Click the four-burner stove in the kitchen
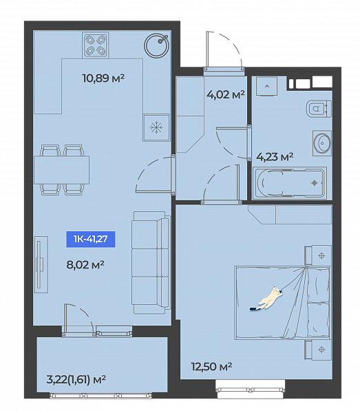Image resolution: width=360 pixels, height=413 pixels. (95, 45)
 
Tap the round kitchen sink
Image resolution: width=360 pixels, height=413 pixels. (157, 45)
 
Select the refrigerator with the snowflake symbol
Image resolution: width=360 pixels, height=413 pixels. (156, 128)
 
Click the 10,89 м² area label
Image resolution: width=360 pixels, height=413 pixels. (103, 78)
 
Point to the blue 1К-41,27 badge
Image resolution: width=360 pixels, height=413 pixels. (91, 239)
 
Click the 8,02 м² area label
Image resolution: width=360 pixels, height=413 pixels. (85, 265)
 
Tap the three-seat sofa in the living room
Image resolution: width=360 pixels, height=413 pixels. (151, 262)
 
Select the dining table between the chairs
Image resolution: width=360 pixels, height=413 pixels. (62, 170)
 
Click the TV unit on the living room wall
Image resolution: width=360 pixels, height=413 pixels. (41, 264)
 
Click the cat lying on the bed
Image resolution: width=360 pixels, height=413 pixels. (267, 299)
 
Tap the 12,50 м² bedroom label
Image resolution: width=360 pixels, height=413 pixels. (211, 367)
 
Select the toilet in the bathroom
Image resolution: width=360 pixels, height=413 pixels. (319, 109)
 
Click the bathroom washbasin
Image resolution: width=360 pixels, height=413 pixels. (322, 143)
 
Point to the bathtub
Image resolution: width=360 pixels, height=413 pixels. (290, 183)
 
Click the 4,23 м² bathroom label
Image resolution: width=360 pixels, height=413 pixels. (275, 157)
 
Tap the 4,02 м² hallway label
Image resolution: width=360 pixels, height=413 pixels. (226, 94)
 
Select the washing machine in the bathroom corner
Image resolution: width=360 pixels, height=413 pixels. (267, 87)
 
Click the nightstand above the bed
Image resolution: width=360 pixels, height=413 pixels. (318, 255)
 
